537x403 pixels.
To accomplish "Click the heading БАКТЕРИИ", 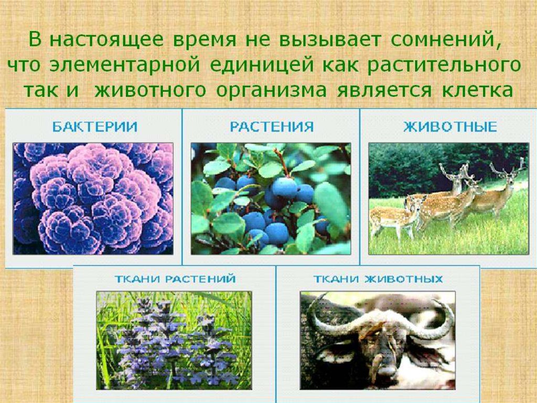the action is click(95, 127).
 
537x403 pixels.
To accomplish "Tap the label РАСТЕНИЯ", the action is click(272, 127).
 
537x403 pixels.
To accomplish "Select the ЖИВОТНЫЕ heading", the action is click(450, 127).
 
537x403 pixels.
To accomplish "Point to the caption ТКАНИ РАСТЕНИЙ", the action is click(175, 278).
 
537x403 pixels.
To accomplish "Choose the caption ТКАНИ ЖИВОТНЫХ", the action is click(378, 278).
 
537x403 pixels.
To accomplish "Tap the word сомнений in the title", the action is click(444, 40).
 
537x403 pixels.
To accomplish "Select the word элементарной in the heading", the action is click(125, 66).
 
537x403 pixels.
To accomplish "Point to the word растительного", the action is click(444, 66).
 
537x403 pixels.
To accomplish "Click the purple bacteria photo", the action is click(93, 199).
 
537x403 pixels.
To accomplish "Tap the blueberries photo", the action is click(271, 199).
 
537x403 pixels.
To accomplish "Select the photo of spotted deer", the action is click(449, 199).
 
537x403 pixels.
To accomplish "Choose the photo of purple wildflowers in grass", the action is click(174, 340).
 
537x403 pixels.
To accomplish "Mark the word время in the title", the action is click(205, 40).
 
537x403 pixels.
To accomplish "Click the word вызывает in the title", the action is click(330, 40).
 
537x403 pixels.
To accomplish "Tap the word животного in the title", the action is click(150, 90).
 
